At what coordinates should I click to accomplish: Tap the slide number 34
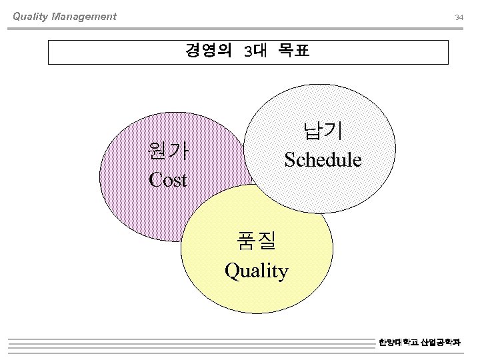(459, 17)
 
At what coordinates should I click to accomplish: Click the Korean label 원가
(168, 152)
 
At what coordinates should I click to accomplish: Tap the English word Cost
(168, 180)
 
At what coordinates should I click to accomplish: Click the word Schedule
(323, 160)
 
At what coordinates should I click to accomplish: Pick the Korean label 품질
(257, 241)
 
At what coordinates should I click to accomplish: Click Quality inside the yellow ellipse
(257, 271)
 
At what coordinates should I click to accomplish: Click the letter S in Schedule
(289, 160)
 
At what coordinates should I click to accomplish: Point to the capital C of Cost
(155, 180)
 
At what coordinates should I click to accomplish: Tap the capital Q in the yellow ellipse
(232, 271)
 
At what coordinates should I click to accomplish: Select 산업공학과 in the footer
(441, 343)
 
